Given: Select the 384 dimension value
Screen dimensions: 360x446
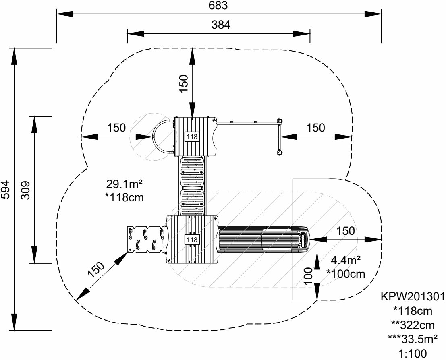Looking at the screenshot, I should point(222,25).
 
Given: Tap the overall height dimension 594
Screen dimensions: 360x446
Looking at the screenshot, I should point(5,189).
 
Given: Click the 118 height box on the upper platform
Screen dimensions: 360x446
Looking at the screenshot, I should point(192,137).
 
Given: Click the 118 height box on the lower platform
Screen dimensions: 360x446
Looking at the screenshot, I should point(192,240).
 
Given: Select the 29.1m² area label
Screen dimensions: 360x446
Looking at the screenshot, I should point(125,184).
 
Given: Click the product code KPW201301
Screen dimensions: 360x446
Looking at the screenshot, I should point(413,297).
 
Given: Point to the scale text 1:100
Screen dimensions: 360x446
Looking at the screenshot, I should point(413,355).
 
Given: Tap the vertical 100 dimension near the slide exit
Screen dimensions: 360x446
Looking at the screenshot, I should point(308,276).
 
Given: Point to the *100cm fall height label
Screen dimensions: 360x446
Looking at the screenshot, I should point(346,274).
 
